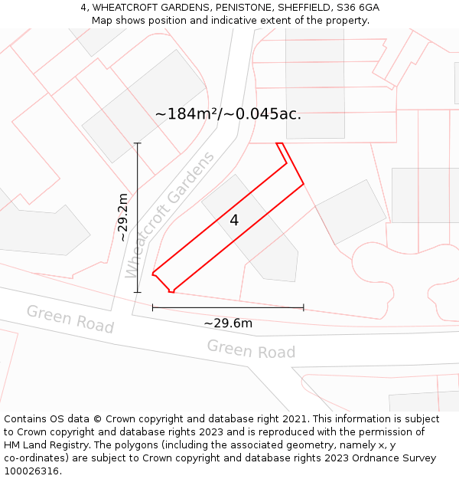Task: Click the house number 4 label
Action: (234, 220)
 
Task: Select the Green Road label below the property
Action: (251, 349)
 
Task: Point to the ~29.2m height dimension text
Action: (122, 218)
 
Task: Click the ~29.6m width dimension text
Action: (228, 323)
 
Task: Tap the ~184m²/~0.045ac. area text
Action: (228, 114)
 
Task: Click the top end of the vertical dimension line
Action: (138, 143)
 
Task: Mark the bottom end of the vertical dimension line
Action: (138, 292)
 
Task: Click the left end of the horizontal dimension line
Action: (153, 307)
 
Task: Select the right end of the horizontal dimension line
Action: (304, 307)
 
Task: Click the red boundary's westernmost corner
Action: (153, 273)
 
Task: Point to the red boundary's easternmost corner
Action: (304, 184)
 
